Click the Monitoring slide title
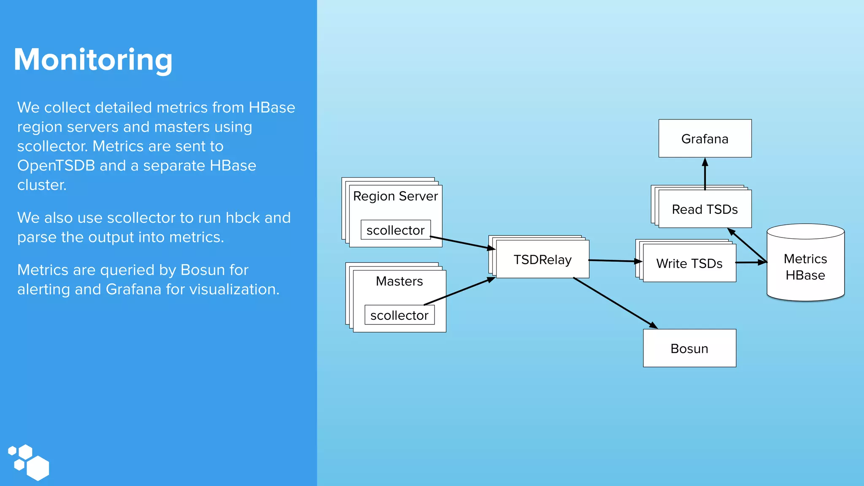tap(93, 59)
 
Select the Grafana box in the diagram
tap(705, 138)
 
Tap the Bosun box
tap(689, 348)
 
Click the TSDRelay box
tap(543, 259)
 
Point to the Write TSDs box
tap(689, 263)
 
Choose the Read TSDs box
tap(705, 209)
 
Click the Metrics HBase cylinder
tap(805, 267)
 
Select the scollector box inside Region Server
tap(395, 230)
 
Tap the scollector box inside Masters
tap(399, 315)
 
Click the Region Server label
tap(395, 196)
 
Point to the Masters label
tap(399, 281)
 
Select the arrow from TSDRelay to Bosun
tap(615, 303)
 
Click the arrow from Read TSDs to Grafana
tap(705, 174)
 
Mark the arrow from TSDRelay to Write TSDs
tap(615, 261)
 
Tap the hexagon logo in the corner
tap(29, 462)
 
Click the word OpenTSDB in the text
tap(56, 166)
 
